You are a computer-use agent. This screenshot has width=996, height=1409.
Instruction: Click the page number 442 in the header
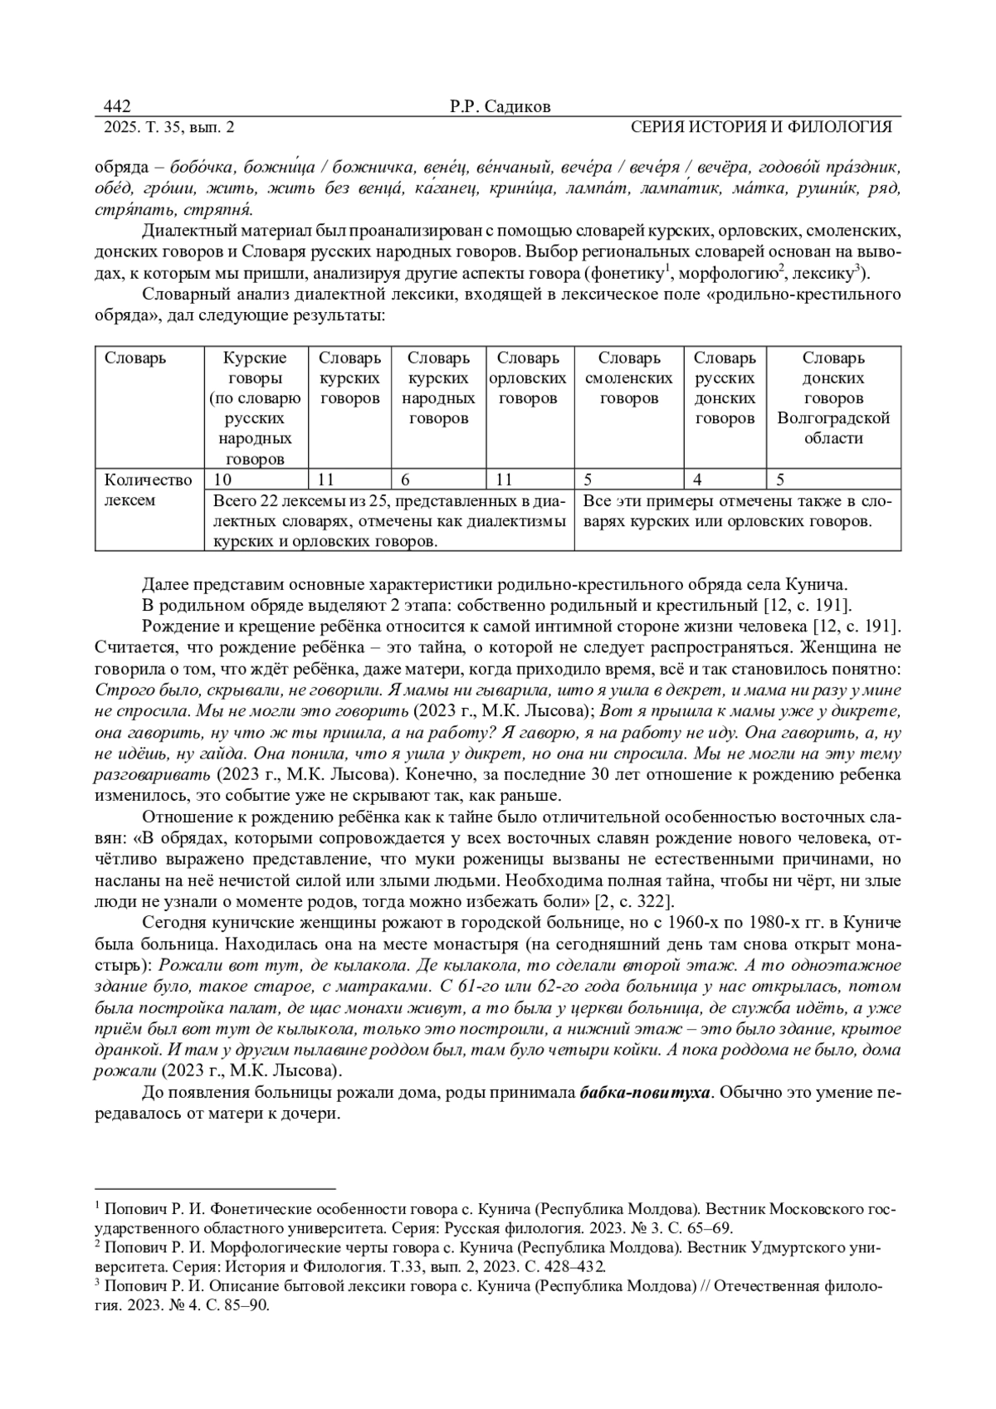click(x=117, y=106)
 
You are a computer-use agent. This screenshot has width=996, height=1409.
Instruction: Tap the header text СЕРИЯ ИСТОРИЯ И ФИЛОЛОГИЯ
click(x=761, y=127)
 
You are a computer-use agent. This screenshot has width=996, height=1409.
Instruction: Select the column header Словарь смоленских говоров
click(x=628, y=378)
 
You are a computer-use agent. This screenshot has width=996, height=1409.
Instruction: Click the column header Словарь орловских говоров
click(x=528, y=378)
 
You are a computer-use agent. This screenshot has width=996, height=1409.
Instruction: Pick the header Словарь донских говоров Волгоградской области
click(x=833, y=398)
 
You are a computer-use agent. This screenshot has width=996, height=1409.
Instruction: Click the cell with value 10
click(x=223, y=480)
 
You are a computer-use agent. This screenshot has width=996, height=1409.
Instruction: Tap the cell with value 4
click(x=698, y=480)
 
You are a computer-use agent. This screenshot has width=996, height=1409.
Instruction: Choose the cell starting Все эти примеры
click(x=737, y=511)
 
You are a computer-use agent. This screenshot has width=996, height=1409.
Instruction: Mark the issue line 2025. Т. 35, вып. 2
click(x=169, y=127)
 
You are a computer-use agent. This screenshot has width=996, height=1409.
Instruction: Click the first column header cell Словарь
click(x=135, y=358)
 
